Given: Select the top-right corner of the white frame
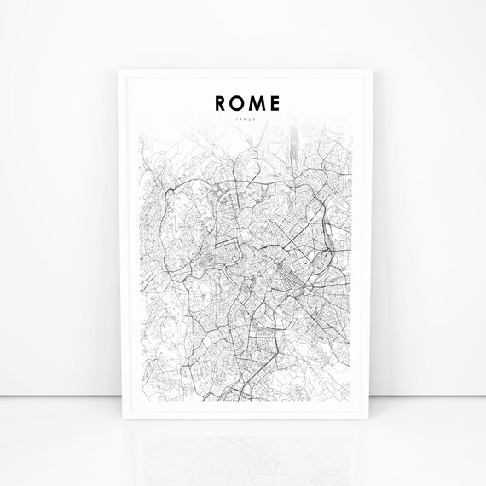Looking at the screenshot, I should (368, 67).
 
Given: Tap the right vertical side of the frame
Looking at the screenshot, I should (367, 247).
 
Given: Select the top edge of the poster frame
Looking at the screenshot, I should (243, 69).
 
